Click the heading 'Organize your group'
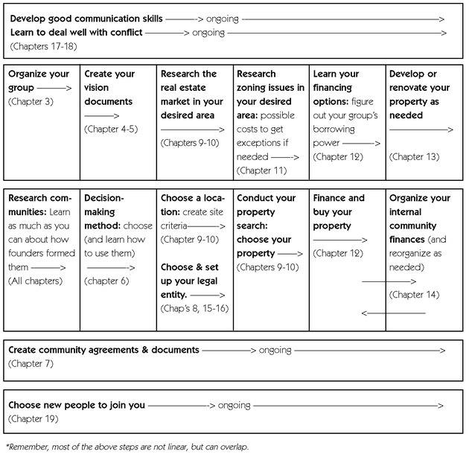tap(39, 80)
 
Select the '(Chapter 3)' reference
tap(31, 101)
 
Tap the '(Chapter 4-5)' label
tap(109, 130)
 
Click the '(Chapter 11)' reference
tap(261, 170)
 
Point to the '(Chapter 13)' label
tap(415, 156)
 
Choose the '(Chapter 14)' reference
tap(414, 295)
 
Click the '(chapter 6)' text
tap(106, 281)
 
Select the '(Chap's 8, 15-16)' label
tap(194, 308)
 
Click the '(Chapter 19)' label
tap(33, 419)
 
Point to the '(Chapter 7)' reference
tap(31, 364)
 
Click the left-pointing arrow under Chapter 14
tap(393, 313)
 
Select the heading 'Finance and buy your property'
tap(339, 212)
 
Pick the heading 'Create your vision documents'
tap(109, 88)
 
